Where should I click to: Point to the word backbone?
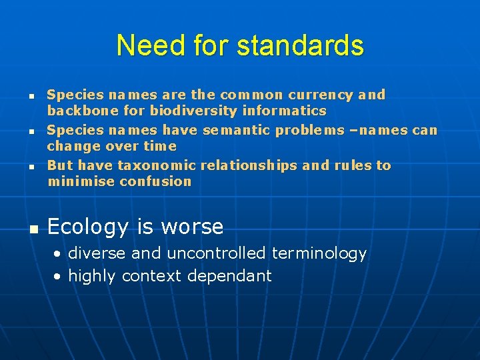(75, 111)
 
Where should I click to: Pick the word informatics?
(284, 111)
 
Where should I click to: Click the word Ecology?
(87, 227)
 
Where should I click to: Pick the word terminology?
(319, 254)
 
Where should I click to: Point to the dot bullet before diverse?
(59, 254)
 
